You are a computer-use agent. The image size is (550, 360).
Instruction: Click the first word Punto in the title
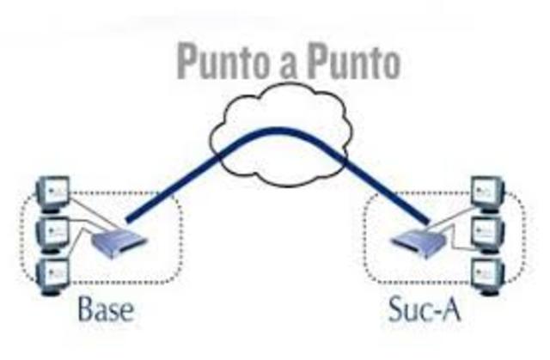(x=221, y=63)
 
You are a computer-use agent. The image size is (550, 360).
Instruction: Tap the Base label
(x=107, y=308)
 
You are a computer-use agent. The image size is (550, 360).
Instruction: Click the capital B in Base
(x=88, y=308)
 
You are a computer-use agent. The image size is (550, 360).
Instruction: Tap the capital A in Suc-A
(x=451, y=308)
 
